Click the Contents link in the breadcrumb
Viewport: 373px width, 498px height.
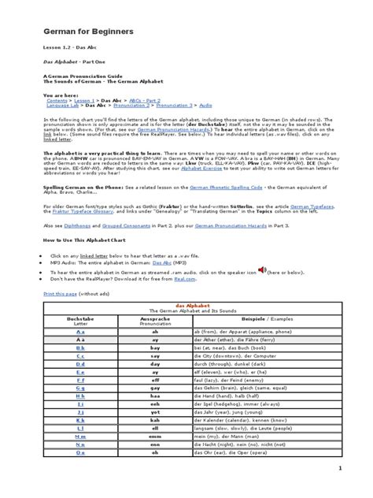click(x=57, y=101)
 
